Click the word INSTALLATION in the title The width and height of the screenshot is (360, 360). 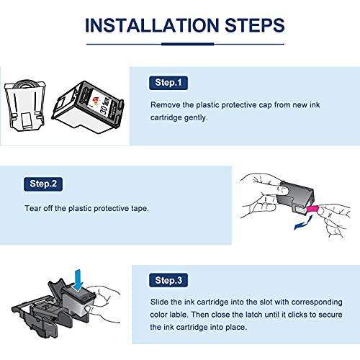(x=152, y=25)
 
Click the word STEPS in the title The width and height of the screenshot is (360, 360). (x=255, y=25)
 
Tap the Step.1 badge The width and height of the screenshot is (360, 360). (x=168, y=83)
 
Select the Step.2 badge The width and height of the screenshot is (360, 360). (x=43, y=184)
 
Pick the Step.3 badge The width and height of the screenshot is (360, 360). (x=168, y=280)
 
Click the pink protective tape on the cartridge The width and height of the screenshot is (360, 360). (x=312, y=209)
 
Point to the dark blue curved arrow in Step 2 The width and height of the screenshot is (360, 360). (x=303, y=224)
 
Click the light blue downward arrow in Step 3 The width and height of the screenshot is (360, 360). (x=78, y=280)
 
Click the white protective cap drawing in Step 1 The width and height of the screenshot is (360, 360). (x=25, y=106)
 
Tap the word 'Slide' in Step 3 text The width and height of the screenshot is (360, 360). (x=159, y=302)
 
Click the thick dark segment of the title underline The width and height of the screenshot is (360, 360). (x=187, y=44)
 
